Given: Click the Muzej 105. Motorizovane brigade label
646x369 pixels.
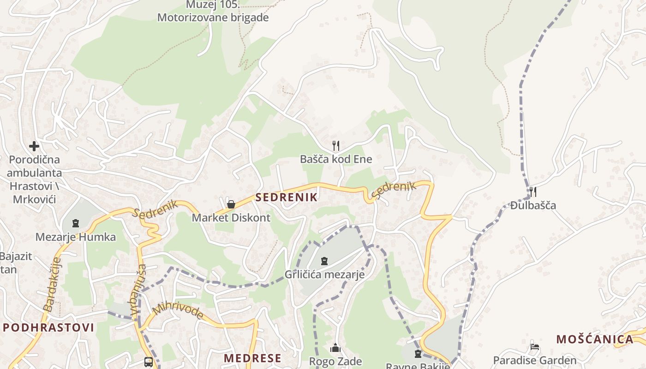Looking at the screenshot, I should (213, 12).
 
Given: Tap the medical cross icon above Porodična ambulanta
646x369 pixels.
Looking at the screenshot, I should (34, 146).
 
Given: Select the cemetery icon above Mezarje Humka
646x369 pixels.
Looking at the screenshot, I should (76, 224).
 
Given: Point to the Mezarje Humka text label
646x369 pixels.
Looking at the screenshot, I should (76, 237).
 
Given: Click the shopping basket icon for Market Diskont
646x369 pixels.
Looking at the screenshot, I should (231, 204).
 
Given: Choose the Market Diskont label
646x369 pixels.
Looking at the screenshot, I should (231, 218).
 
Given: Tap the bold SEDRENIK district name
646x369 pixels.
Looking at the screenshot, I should (287, 197).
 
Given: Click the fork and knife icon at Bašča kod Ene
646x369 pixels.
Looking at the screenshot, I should (336, 146).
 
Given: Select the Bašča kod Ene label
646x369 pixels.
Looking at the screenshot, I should (336, 159).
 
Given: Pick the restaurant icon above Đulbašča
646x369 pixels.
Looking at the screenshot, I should (533, 191).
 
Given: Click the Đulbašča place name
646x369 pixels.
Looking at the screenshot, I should (533, 205).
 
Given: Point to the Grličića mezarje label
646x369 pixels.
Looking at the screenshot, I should (324, 274).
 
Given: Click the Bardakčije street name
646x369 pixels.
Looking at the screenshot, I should (52, 284).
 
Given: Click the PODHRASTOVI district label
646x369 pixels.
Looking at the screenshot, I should (48, 328).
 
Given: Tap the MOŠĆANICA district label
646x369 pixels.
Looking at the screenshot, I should (594, 339).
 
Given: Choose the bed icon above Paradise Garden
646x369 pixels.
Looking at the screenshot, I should (535, 347).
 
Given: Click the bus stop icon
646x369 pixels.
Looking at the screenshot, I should (149, 362).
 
